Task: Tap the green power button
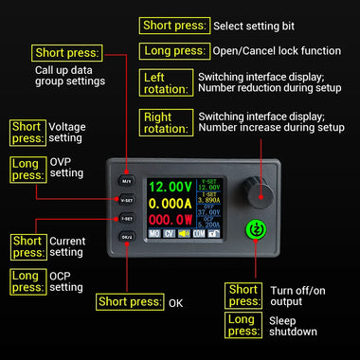click(x=254, y=228)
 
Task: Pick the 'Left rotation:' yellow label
click(x=165, y=82)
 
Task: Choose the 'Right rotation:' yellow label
click(x=165, y=121)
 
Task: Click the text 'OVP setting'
click(x=66, y=167)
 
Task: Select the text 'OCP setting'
click(x=66, y=281)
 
